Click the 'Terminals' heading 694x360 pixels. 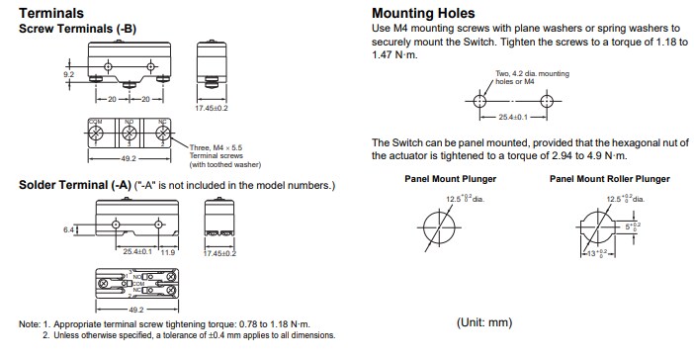(50, 13)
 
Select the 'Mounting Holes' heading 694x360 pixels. (421, 13)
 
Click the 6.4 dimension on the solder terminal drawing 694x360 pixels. (68, 229)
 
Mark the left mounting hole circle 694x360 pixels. (481, 100)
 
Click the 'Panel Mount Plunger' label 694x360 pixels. (451, 179)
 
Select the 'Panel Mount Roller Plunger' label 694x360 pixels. (609, 179)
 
